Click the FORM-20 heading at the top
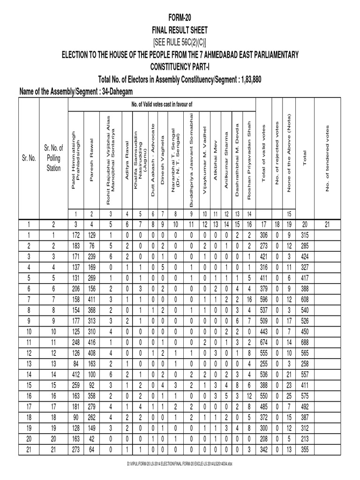click(180, 17)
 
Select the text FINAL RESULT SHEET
click(180, 30)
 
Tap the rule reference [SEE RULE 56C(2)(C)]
click(180, 43)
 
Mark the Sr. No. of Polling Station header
click(53, 158)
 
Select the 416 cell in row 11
click(91, 343)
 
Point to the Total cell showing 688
click(306, 343)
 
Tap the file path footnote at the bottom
click(180, 463)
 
